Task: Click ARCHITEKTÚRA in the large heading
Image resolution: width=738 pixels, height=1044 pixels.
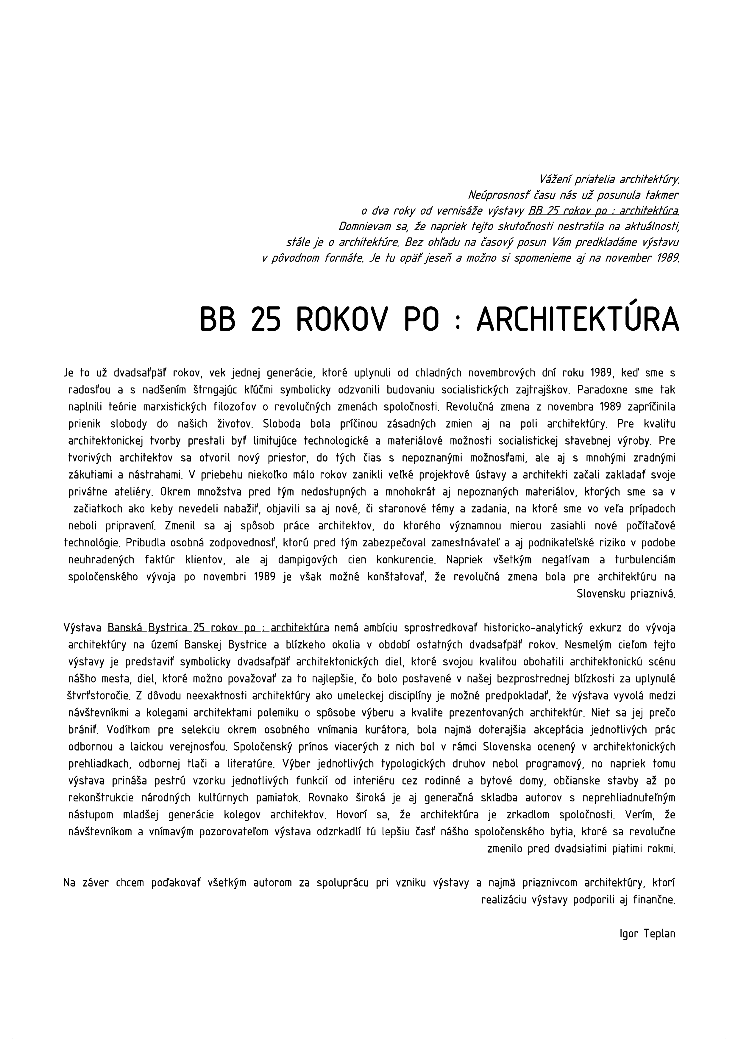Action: point(578,321)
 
